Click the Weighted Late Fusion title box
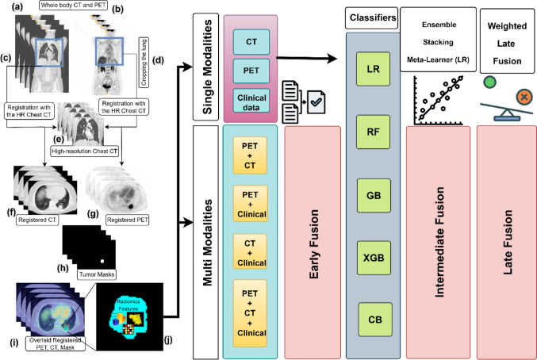[507, 31]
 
